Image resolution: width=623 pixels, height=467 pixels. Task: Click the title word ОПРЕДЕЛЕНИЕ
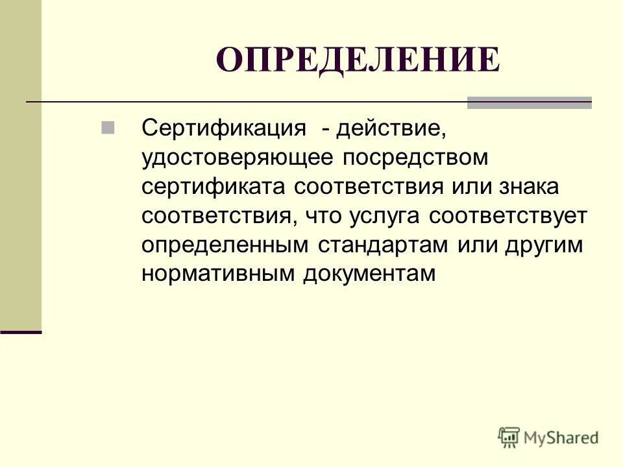358,60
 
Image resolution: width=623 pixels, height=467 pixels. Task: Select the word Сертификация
224,128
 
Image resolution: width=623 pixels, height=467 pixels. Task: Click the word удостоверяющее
238,158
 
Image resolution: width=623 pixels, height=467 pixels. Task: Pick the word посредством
415,158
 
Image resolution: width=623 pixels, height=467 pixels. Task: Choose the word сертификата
214,187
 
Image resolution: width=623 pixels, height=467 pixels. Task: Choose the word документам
368,274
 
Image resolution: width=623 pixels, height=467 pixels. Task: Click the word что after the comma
321,216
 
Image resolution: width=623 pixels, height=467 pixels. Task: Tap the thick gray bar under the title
529,102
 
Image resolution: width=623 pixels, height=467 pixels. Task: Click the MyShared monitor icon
509,438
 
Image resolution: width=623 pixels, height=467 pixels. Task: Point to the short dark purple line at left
21,331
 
